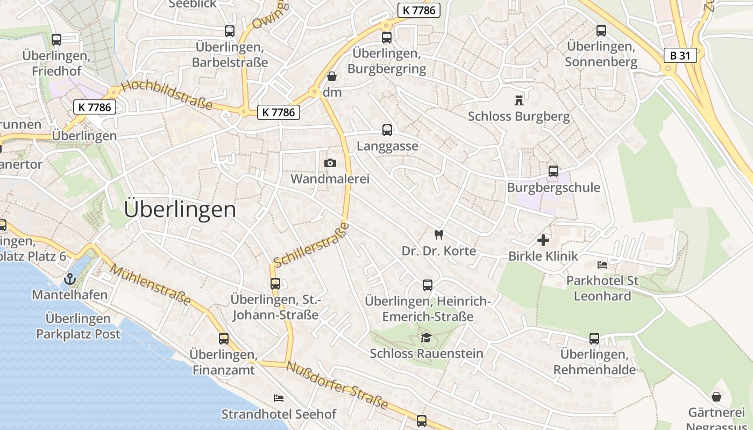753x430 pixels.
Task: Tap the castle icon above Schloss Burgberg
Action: point(518,100)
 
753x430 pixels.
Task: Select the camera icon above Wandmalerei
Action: point(330,163)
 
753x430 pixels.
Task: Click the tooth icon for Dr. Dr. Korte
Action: point(438,234)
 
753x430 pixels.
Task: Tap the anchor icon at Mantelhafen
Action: point(69,279)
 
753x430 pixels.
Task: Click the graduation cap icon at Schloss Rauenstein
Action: point(426,338)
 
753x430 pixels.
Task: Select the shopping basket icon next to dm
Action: point(332,77)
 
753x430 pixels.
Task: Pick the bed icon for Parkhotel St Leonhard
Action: point(602,264)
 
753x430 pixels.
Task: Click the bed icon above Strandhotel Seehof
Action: point(279,398)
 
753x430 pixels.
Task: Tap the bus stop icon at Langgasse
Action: point(387,130)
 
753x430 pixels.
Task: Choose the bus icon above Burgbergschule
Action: point(553,171)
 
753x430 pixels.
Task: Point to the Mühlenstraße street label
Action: point(151,285)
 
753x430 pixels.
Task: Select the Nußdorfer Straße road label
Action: point(337,385)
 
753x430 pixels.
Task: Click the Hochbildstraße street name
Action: point(167,95)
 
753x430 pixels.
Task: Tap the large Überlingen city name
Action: point(180,209)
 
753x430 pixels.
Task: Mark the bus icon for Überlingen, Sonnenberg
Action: point(601,31)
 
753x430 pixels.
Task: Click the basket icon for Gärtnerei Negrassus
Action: point(716,397)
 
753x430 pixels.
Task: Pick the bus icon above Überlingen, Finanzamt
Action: point(223,339)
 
